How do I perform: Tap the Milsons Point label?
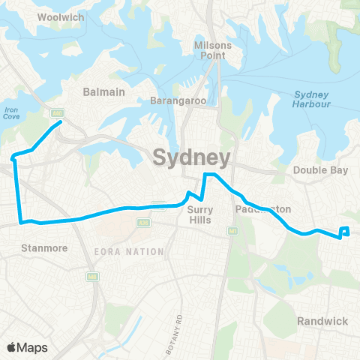coord(213,52)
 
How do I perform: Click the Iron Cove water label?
coord(10,112)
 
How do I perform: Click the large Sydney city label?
coord(190,157)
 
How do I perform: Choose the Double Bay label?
coord(321,170)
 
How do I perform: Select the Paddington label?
coord(262,208)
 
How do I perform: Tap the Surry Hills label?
coord(200,214)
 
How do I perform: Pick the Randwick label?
coord(322,321)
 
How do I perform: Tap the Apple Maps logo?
coord(27,347)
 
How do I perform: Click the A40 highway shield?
coord(56,113)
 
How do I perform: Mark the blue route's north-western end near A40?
coord(60,123)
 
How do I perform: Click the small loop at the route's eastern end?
coord(345,231)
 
